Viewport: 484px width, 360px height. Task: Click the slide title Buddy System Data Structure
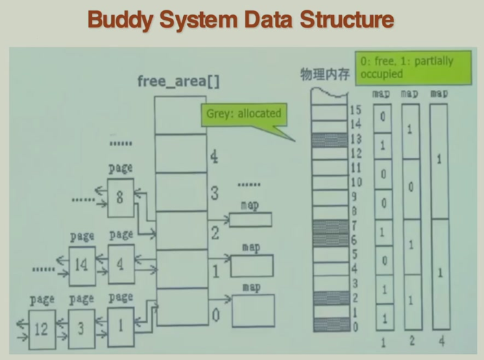[x=241, y=20]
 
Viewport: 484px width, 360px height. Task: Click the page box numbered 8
[x=120, y=198]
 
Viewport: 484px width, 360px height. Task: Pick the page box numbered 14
[x=82, y=263]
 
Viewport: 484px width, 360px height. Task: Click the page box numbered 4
[x=121, y=263]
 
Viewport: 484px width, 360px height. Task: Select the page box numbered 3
[x=81, y=328]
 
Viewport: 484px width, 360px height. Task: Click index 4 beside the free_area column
[x=214, y=158]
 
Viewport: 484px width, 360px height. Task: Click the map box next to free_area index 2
[x=250, y=219]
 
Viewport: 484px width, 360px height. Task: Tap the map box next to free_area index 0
[x=253, y=309]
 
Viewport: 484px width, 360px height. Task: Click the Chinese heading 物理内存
[x=325, y=73]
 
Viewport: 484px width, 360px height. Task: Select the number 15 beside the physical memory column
[x=354, y=110]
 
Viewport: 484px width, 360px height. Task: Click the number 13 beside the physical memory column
[x=354, y=138]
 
